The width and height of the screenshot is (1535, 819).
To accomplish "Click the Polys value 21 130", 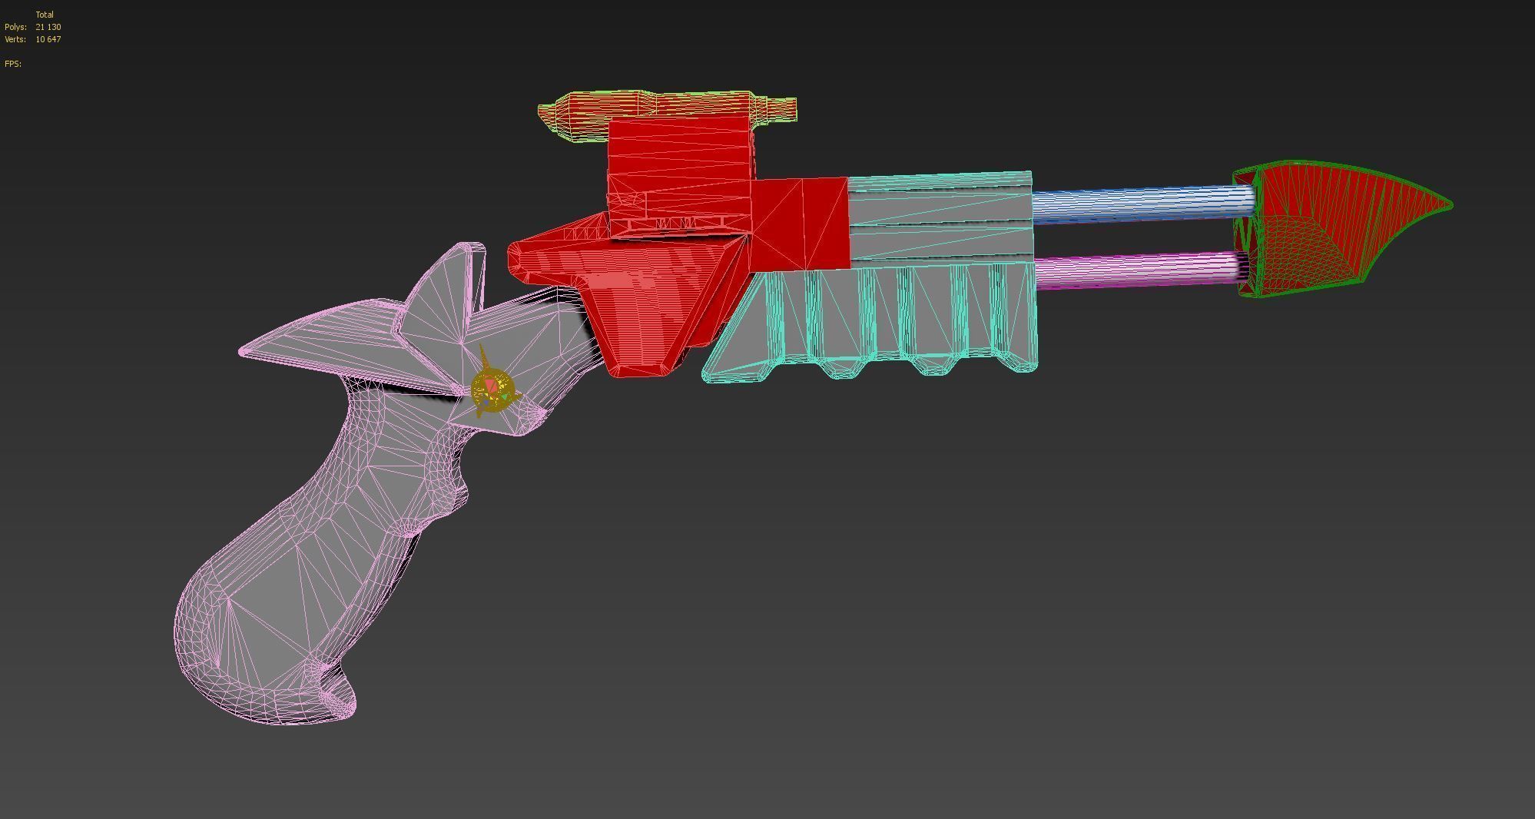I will (x=48, y=27).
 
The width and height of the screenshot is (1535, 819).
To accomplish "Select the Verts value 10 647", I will (x=48, y=39).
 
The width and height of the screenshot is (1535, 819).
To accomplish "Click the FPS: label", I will (x=13, y=64).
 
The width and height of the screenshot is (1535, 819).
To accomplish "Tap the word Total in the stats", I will (x=45, y=15).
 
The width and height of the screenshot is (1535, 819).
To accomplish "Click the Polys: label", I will (x=15, y=27).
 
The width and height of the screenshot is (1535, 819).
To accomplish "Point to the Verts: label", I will (x=15, y=39).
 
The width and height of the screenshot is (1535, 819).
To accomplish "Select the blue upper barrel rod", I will (x=1137, y=202).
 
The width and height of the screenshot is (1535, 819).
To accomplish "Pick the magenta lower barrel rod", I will (x=1137, y=271).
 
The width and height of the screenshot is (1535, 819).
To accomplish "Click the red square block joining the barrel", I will (x=801, y=224).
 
